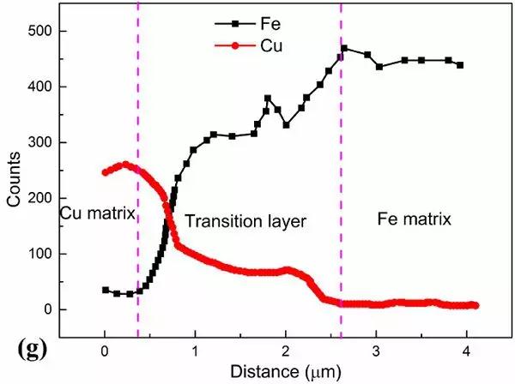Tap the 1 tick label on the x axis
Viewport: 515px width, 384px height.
coord(195,351)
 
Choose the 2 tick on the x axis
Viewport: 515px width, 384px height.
coord(285,351)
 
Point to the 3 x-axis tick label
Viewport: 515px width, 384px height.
coord(376,351)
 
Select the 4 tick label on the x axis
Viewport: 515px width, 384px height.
coord(466,351)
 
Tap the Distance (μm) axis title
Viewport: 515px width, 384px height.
coord(286,372)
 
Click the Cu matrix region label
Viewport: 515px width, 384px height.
coord(98,212)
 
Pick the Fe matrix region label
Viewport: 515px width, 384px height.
coord(415,219)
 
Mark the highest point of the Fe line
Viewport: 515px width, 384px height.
coord(344,49)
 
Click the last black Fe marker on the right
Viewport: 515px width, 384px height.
coord(460,65)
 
